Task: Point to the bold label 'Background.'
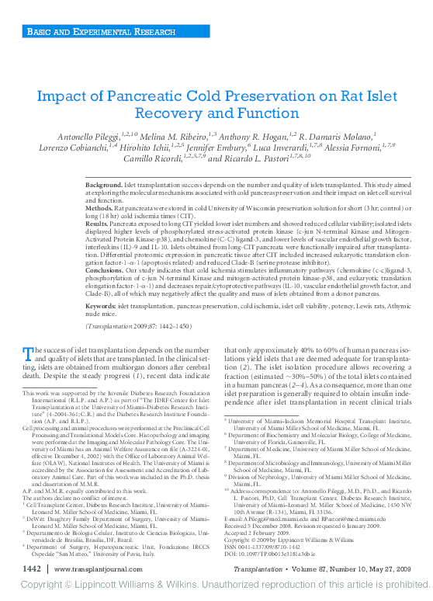click(x=104, y=187)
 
